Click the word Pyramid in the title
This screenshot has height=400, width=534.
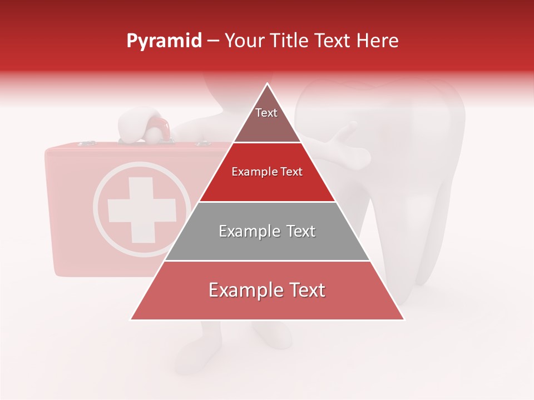click(x=164, y=41)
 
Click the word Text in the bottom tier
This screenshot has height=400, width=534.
click(x=304, y=290)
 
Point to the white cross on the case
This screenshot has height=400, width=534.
click(x=141, y=210)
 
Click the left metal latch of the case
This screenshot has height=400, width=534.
click(x=86, y=144)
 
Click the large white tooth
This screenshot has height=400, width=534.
click(x=412, y=167)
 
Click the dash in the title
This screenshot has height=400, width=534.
click(x=212, y=41)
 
